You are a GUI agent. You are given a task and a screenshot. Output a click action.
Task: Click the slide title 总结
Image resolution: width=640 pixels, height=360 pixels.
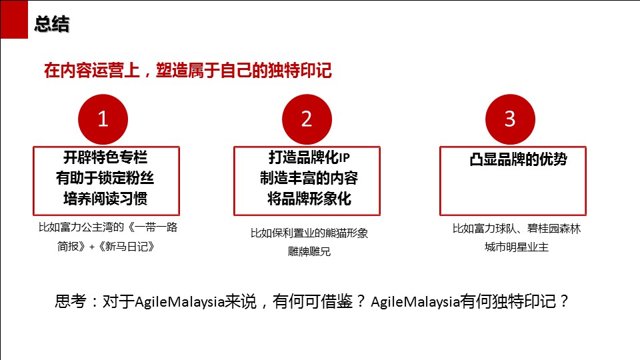[52, 24]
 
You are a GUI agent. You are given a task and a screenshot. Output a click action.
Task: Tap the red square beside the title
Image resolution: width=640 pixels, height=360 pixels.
[14, 19]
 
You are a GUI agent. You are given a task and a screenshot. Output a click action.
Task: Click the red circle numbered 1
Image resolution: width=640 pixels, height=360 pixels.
[103, 119]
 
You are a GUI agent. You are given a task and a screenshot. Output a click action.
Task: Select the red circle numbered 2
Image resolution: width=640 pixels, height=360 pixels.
[307, 119]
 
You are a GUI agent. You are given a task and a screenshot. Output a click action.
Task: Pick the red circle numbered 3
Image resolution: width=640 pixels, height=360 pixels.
[510, 119]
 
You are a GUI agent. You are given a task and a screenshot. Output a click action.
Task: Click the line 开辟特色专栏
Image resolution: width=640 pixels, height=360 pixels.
[105, 157]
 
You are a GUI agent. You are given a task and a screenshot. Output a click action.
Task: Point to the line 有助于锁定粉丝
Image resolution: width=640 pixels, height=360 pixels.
[105, 178]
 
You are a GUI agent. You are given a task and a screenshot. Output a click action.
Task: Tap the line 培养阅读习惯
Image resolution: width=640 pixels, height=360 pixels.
[105, 199]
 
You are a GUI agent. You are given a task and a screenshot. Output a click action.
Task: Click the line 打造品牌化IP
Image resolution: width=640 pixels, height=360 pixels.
[309, 157]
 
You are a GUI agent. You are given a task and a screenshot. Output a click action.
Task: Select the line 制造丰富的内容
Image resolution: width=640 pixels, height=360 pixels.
[309, 178]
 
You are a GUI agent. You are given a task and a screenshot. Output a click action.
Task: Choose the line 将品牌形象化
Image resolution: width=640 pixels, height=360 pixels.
[309, 199]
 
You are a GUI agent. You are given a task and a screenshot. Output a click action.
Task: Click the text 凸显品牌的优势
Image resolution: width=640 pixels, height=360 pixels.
[519, 159]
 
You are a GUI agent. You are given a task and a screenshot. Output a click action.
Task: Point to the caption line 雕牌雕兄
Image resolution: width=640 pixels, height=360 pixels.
[309, 251]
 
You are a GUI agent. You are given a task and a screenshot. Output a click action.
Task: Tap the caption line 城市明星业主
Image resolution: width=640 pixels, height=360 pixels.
[516, 247]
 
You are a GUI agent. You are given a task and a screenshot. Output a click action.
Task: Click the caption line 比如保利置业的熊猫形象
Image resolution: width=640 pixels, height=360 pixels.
[309, 233]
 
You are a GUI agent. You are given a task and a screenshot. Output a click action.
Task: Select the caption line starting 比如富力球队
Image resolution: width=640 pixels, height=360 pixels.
[516, 229]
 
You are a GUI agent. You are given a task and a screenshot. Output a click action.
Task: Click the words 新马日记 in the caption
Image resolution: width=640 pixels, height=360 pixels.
[127, 247]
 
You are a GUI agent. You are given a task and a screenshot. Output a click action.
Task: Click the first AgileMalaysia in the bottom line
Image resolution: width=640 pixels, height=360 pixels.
[179, 302]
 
